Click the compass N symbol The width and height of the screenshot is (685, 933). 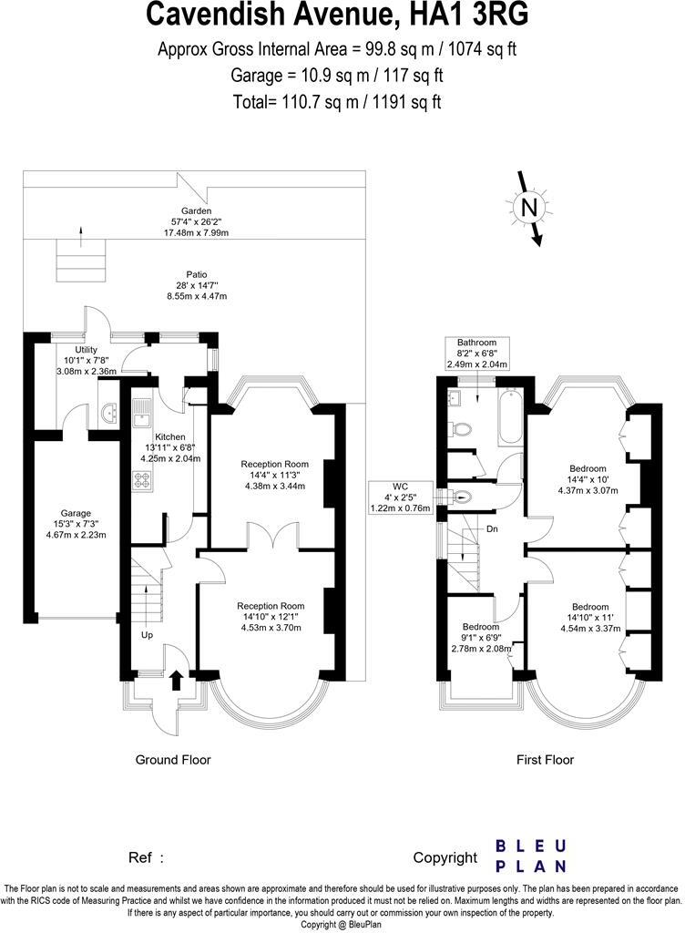pyautogui.click(x=528, y=209)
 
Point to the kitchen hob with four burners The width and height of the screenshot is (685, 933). pyautogui.click(x=142, y=480)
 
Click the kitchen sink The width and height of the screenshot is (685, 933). pyautogui.click(x=142, y=415)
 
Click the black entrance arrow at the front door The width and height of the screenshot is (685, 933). pyautogui.click(x=177, y=680)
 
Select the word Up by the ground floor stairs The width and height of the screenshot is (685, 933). pyautogui.click(x=147, y=635)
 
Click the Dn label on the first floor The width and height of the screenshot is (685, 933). pyautogui.click(x=492, y=528)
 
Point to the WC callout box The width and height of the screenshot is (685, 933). pyautogui.click(x=400, y=497)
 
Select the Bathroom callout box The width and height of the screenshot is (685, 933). pyautogui.click(x=477, y=354)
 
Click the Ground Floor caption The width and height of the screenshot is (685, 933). pyautogui.click(x=173, y=760)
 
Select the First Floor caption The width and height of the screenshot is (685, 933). pyautogui.click(x=546, y=760)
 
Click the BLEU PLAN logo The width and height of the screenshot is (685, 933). pyautogui.click(x=530, y=856)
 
